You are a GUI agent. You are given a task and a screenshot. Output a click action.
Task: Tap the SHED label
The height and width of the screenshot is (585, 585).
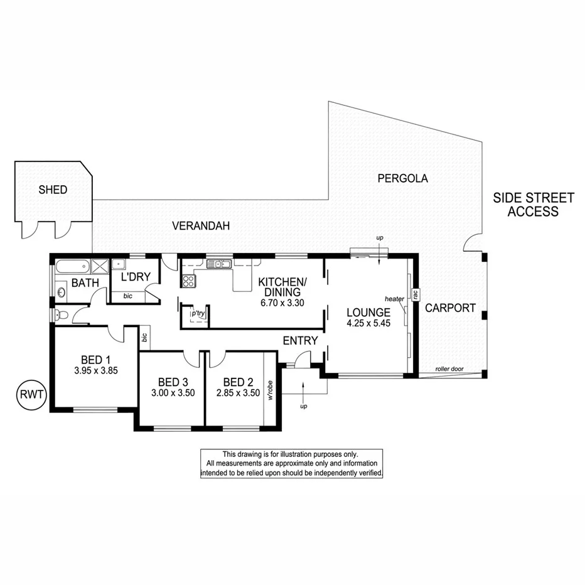tap(52, 190)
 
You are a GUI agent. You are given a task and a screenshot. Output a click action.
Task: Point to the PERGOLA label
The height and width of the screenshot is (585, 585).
tap(402, 178)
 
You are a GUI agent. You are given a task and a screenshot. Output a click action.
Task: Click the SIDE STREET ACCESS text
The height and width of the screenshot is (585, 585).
tap(533, 205)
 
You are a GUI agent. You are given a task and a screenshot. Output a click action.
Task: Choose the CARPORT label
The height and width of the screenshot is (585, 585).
tap(450, 308)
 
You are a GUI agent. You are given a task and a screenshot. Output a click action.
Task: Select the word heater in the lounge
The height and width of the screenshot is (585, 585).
tap(394, 299)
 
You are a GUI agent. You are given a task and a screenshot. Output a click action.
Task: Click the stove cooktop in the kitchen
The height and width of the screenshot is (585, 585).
tap(188, 281)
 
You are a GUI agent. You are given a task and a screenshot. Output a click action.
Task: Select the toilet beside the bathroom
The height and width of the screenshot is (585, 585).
tap(58, 315)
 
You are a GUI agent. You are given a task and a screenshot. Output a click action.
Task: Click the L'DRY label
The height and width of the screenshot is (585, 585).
tap(135, 277)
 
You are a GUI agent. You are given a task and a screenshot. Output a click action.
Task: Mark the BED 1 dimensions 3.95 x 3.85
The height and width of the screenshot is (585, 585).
tap(96, 370)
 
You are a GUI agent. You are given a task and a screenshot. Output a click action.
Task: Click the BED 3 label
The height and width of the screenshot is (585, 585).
tap(169, 382)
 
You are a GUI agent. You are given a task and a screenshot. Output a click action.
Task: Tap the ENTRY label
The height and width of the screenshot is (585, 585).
tap(300, 340)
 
